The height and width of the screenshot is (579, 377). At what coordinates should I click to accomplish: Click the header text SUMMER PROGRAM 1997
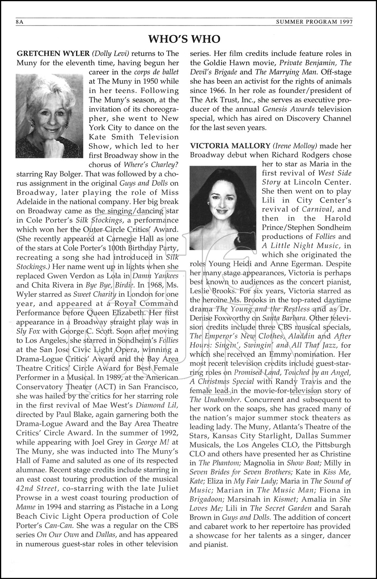[314, 22]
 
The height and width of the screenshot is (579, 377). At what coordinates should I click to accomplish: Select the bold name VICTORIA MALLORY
[230, 146]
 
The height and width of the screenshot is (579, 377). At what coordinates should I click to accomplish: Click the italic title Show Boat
[298, 463]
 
